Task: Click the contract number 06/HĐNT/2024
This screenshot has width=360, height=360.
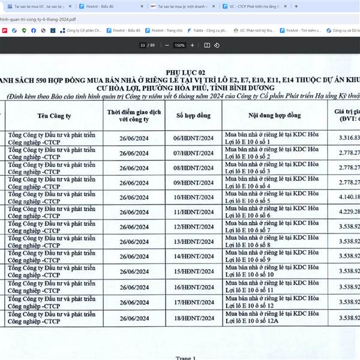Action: pyautogui.click(x=193, y=138)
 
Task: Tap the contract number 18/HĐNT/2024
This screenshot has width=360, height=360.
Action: pyautogui.click(x=193, y=317)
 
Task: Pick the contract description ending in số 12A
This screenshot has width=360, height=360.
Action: pyautogui.click(x=274, y=317)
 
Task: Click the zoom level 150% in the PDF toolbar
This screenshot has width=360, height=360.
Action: pyautogui.click(x=179, y=45)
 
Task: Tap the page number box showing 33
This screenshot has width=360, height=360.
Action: pyautogui.click(x=143, y=45)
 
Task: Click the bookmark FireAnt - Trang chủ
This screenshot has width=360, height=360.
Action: pyautogui.click(x=167, y=29)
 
